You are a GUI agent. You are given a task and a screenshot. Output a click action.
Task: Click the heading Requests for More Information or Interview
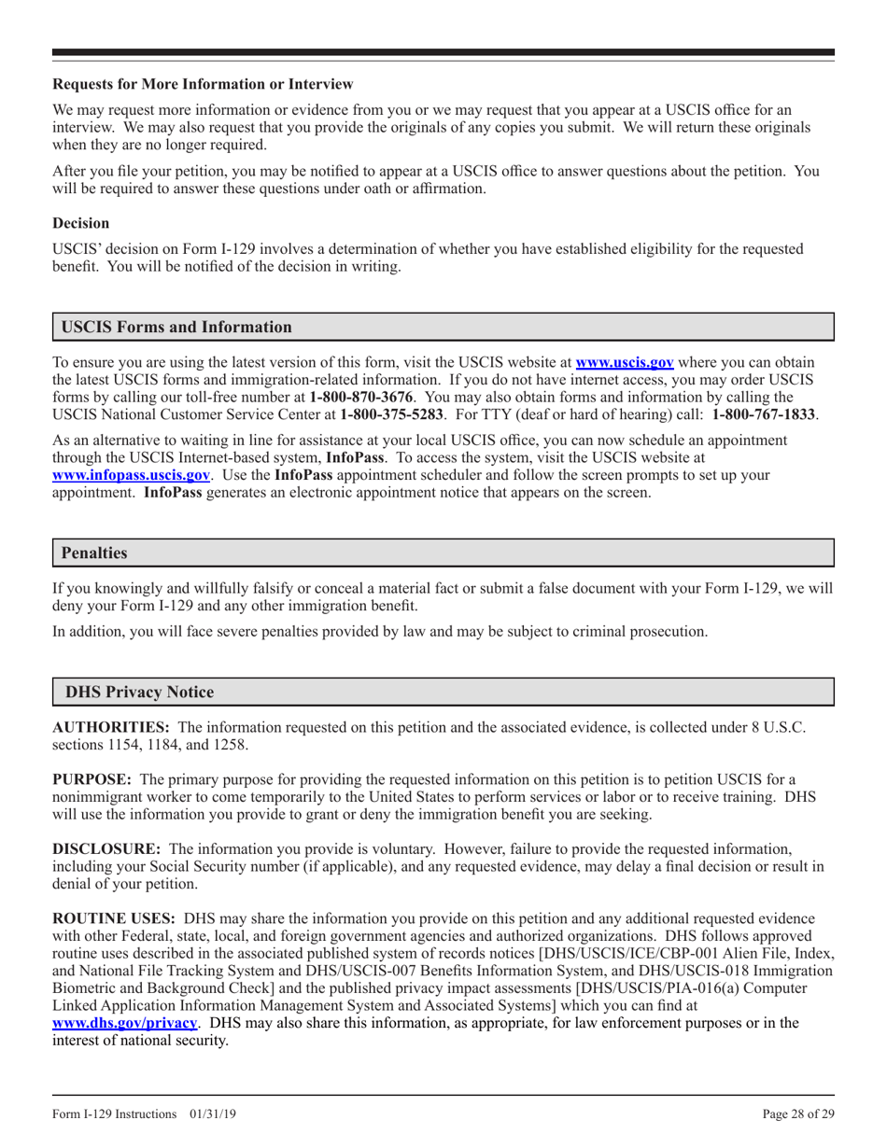click(x=203, y=85)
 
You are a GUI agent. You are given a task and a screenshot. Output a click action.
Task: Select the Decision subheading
click(x=81, y=224)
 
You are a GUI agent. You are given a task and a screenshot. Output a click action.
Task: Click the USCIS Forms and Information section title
click(x=176, y=328)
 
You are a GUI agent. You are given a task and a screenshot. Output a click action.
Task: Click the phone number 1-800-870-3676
click(x=361, y=397)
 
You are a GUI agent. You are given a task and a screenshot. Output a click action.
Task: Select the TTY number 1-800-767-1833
click(x=765, y=413)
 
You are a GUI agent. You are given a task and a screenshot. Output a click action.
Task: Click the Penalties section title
click(x=94, y=553)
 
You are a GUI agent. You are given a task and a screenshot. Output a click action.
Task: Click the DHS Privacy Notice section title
click(x=138, y=693)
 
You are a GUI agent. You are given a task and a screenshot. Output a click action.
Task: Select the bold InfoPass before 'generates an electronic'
click(x=173, y=492)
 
